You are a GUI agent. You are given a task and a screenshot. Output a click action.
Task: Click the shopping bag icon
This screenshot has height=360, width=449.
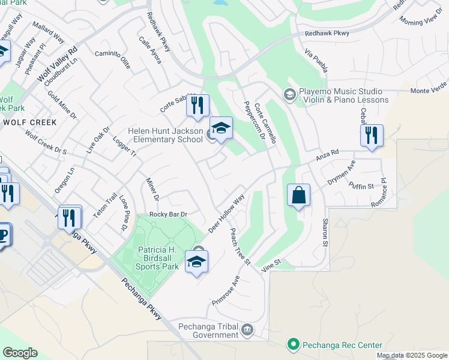click(298, 196)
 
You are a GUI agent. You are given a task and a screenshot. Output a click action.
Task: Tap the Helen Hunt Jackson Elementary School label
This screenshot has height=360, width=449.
click(165, 136)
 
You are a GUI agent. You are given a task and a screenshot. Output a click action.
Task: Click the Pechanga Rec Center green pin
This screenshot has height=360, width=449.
click(293, 344)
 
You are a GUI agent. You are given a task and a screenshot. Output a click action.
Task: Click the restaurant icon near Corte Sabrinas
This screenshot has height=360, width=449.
click(197, 106)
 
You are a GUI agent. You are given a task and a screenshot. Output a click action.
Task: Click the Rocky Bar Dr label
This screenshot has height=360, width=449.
click(169, 214)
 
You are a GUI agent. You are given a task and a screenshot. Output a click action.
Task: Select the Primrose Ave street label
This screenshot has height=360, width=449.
click(226, 290)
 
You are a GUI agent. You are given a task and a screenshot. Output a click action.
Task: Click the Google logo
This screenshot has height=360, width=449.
click(20, 352)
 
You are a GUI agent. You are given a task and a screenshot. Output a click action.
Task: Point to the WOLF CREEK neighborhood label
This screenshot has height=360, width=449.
click(29, 122)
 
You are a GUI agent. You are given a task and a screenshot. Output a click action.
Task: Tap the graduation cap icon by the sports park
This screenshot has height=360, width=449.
click(196, 262)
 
